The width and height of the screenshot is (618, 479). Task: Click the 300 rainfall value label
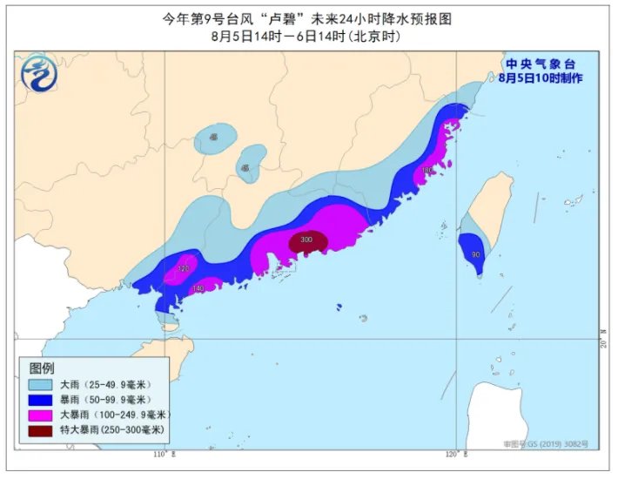[x=306, y=239]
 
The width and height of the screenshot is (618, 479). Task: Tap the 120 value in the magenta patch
[x=183, y=268]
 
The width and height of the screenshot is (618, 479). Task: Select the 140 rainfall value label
[x=198, y=288]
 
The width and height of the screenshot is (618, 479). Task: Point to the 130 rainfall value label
[x=427, y=170]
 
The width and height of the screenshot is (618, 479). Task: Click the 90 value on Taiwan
[x=475, y=254]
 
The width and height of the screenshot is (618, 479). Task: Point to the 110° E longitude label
[x=163, y=455]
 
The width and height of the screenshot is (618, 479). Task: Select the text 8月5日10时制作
[x=540, y=78]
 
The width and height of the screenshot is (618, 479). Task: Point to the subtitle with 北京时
[x=309, y=37]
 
